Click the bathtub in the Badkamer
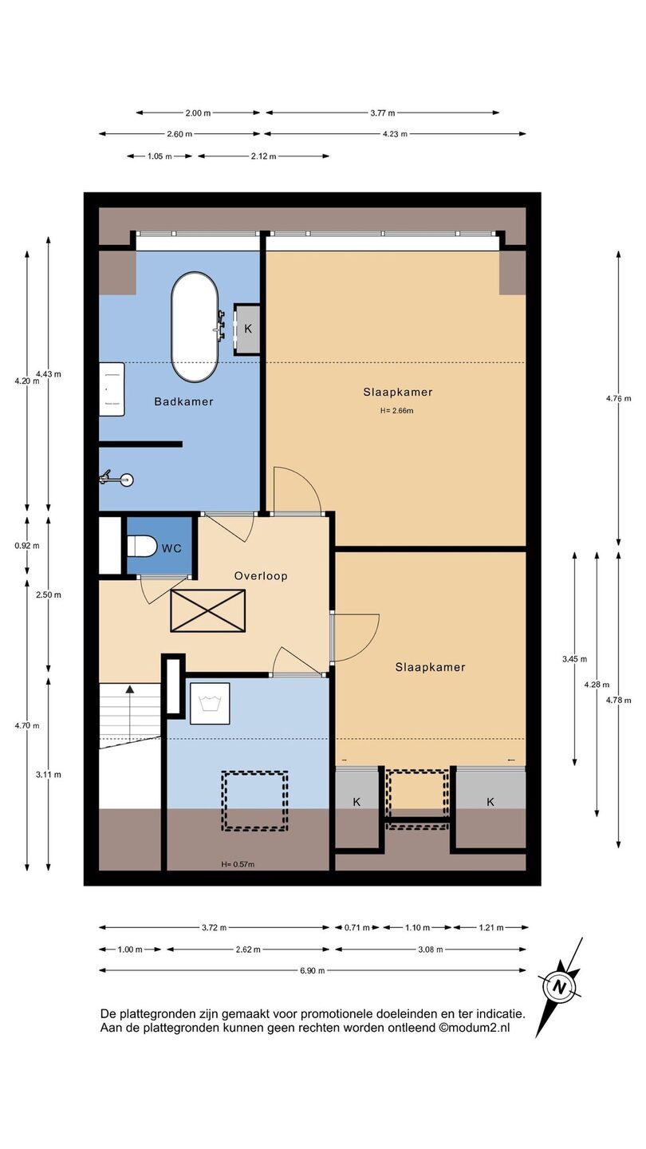point(195,327)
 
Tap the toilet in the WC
point(141,546)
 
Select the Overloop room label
point(261,575)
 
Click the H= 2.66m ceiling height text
point(396,410)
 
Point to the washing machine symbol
point(209,703)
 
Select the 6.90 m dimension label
point(313,970)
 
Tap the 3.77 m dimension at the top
point(383,113)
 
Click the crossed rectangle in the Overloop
point(207,610)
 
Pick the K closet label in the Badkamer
point(248,329)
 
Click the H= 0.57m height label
point(238,864)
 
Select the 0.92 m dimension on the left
point(27,546)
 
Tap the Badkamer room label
point(183,401)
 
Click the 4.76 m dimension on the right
point(618,398)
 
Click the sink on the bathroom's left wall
point(112,389)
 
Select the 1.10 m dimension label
point(417,927)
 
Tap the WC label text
point(171,548)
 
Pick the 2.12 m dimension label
point(263,156)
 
